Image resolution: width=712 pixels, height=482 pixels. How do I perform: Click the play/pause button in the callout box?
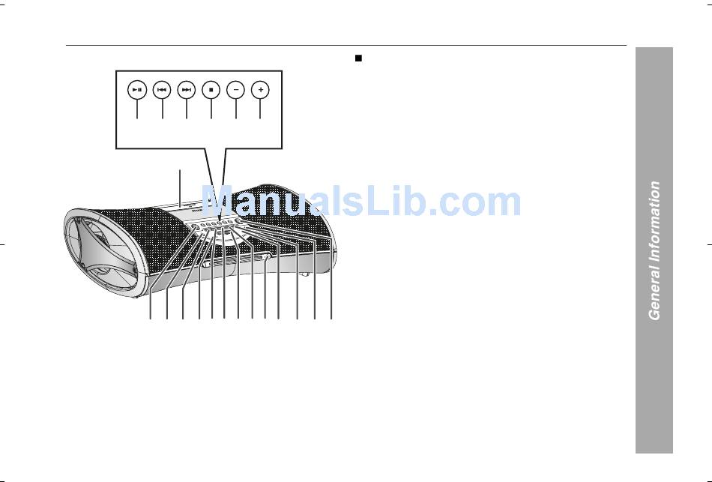(x=136, y=90)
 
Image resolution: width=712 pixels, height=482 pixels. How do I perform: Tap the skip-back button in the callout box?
(x=162, y=90)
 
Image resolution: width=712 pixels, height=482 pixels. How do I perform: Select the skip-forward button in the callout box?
(x=187, y=90)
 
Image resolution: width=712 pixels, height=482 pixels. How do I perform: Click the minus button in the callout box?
(x=236, y=90)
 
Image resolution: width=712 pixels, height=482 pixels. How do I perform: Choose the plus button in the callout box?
(x=260, y=90)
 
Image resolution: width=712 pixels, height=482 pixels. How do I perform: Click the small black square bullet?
(x=359, y=58)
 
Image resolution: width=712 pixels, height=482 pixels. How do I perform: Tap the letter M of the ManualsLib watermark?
(x=219, y=202)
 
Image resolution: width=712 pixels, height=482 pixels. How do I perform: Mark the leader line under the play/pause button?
(x=136, y=109)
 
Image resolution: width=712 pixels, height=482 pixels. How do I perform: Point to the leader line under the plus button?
(x=260, y=109)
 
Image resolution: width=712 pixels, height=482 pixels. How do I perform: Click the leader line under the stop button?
(x=211, y=109)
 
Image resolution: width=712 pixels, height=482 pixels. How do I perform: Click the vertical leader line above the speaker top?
(x=180, y=184)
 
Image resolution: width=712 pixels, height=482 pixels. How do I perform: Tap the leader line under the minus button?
(x=236, y=109)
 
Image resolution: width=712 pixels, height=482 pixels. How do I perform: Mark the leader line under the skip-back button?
(x=162, y=109)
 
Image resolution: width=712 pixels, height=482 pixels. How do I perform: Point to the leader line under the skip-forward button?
(x=187, y=109)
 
